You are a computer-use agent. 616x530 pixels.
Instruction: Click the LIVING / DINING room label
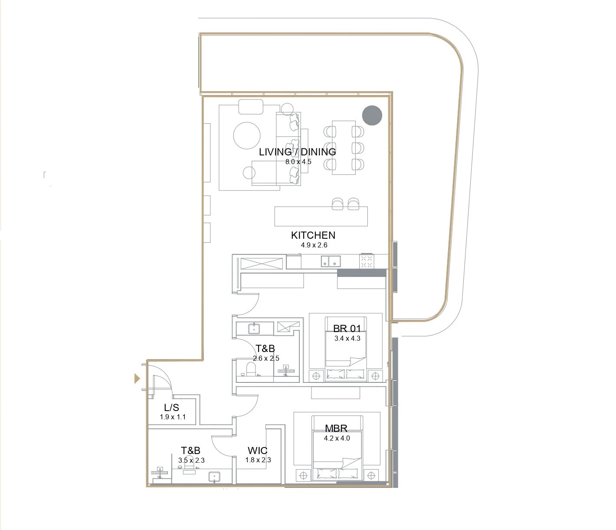[x=298, y=152]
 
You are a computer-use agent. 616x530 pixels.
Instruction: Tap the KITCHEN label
[x=313, y=235]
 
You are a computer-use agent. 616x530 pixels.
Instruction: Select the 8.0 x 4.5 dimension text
[x=298, y=162]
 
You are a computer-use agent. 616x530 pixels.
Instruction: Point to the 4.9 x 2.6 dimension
[x=314, y=245]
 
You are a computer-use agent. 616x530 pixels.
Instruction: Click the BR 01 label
[x=347, y=329]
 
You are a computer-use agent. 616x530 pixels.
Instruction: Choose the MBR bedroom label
[x=336, y=428]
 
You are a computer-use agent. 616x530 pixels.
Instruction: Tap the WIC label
[x=258, y=451]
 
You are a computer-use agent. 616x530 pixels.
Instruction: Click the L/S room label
[x=171, y=408]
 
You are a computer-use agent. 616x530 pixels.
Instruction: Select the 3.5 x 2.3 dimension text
[x=191, y=460]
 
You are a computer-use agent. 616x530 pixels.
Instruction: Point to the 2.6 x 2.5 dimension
[x=266, y=358]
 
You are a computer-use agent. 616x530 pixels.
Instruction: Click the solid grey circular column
[x=372, y=115]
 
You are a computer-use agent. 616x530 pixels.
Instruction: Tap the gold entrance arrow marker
[x=137, y=379]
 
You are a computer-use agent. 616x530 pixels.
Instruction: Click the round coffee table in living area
[x=247, y=135]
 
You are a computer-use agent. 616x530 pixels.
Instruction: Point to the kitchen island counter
[x=321, y=216]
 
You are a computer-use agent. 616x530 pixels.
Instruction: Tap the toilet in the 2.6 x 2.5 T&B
[x=250, y=369]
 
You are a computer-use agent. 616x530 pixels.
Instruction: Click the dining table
[x=344, y=147]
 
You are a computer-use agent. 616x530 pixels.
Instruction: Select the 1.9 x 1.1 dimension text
[x=173, y=417]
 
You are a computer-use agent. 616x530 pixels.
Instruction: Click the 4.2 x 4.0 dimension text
[x=337, y=438]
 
